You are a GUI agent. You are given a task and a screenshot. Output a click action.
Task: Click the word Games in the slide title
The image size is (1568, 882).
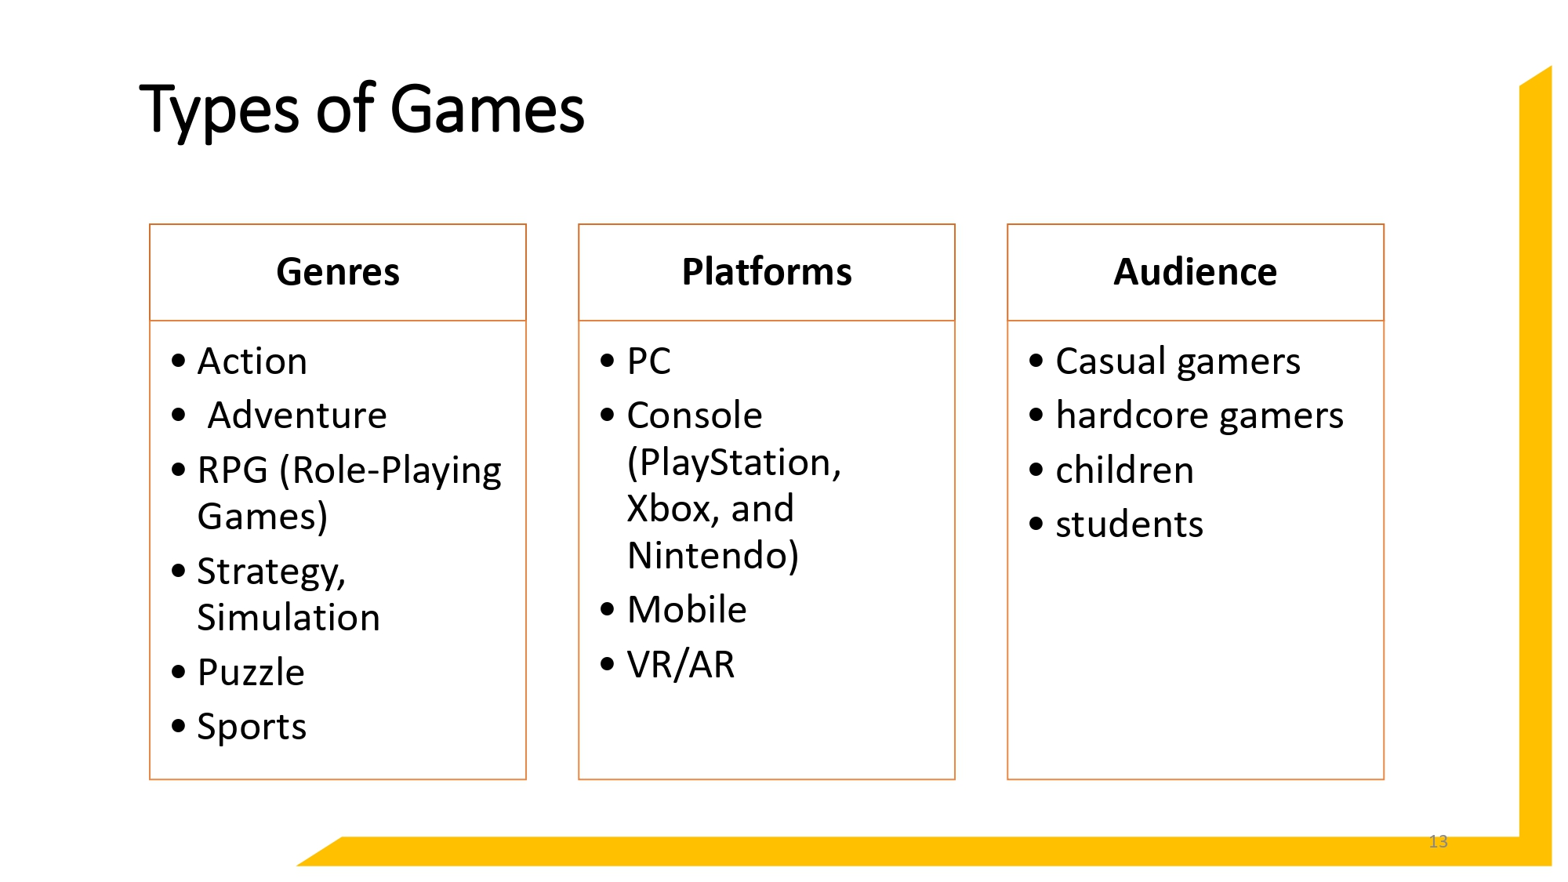coord(487,110)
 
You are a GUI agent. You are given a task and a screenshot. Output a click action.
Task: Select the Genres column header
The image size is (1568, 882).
coord(338,272)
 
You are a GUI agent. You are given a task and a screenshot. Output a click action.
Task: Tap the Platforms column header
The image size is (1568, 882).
coord(767,272)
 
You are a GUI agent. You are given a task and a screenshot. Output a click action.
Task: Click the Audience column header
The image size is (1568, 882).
coord(1195,272)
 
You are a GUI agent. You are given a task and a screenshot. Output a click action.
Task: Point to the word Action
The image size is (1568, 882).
coord(252,361)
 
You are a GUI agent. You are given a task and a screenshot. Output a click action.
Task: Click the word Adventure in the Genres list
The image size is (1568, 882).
coord(297,416)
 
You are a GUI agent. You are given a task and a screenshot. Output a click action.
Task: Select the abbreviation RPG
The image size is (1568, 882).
coord(232,470)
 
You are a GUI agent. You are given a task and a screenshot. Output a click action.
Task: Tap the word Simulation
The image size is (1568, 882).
coord(289,618)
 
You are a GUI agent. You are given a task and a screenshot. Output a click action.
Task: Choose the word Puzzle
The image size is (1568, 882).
coord(251,673)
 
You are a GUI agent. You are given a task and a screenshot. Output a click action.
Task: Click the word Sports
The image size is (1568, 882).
coord(252,727)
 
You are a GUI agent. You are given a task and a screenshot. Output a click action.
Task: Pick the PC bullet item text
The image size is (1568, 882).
coord(648,361)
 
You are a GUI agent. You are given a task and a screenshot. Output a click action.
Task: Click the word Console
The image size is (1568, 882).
coord(694,416)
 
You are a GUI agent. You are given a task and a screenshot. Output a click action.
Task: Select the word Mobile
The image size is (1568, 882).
coord(687,610)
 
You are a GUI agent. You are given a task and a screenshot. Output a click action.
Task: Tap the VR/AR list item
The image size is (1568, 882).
coord(681,665)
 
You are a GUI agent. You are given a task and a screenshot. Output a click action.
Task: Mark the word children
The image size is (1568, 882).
coord(1124,470)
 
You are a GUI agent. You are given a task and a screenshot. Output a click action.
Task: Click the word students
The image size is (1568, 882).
coord(1129,524)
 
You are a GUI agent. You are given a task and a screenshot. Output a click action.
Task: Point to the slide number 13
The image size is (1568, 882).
coord(1438,841)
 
